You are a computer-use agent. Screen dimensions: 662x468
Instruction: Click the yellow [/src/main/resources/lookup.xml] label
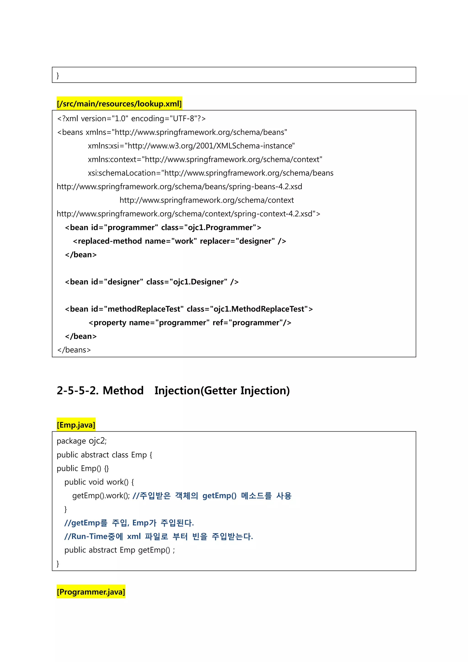click(x=119, y=104)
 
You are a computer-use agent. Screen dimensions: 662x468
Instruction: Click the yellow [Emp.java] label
click(x=76, y=425)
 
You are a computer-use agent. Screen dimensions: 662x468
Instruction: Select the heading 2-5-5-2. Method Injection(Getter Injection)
click(x=173, y=390)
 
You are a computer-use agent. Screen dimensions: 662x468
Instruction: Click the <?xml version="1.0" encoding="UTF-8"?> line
click(x=131, y=118)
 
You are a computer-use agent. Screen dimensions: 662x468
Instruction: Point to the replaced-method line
click(x=179, y=241)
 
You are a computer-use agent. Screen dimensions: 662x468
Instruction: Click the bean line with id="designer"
click(x=152, y=282)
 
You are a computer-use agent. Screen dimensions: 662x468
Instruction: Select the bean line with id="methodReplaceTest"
click(x=189, y=309)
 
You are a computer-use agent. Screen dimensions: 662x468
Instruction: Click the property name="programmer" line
click(x=190, y=322)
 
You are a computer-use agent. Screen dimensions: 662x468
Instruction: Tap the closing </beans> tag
click(x=74, y=350)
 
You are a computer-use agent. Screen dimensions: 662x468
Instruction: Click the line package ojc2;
click(x=82, y=441)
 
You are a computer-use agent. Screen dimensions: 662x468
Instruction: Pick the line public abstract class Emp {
click(x=104, y=455)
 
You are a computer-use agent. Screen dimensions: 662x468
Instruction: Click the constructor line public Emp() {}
click(x=83, y=468)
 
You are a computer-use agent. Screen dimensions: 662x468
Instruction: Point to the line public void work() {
click(x=99, y=482)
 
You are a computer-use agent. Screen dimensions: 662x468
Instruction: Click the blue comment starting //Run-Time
click(x=159, y=536)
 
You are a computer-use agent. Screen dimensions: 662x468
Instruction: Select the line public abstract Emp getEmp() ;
click(x=120, y=550)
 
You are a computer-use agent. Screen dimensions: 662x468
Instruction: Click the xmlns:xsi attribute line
click(x=191, y=146)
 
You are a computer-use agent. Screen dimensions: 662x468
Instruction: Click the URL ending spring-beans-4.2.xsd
click(x=179, y=187)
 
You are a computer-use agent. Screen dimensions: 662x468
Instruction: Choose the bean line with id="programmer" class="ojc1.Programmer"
click(x=163, y=227)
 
